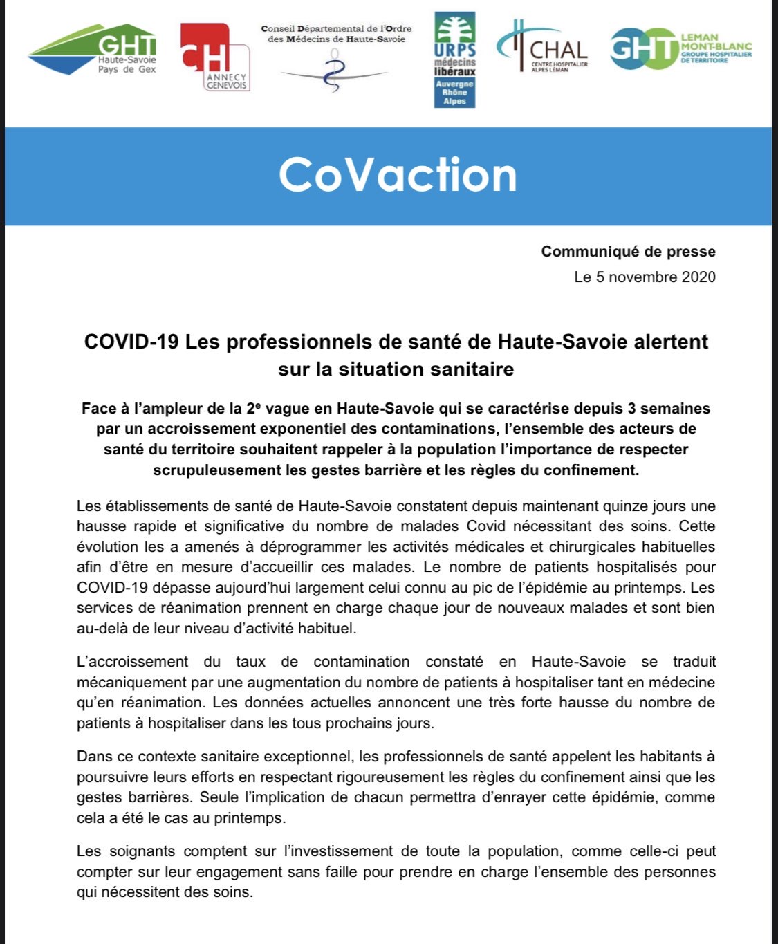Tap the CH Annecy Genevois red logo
tap(214, 57)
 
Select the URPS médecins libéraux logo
tap(454, 59)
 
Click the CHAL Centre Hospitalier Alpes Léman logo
tap(543, 48)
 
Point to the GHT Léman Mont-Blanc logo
tap(680, 48)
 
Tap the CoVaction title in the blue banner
tap(398, 175)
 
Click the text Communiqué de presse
tap(628, 252)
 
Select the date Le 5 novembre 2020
tap(645, 277)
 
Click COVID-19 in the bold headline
tap(131, 342)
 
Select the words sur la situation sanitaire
tap(396, 369)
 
